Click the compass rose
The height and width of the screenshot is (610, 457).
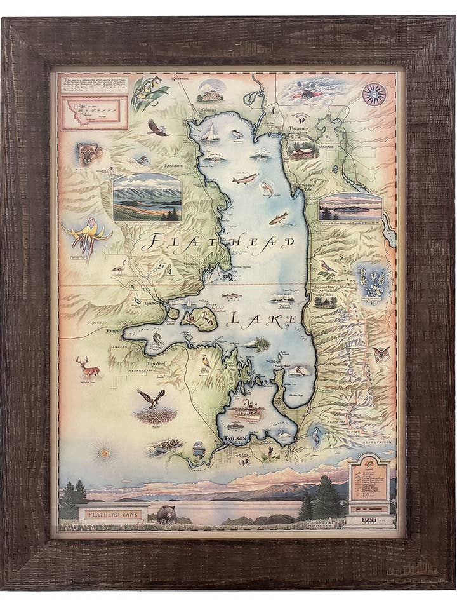[x=374, y=94]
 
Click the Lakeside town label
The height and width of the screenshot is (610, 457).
[x=173, y=166]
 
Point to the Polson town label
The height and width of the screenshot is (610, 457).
[x=234, y=438]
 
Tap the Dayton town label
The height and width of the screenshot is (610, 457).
[x=152, y=303]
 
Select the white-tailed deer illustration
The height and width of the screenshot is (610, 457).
[x=88, y=367]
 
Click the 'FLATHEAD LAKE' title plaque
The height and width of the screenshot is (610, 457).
[x=112, y=511]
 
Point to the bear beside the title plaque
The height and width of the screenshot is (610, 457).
[x=167, y=513]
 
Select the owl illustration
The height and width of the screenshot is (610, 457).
[x=381, y=353]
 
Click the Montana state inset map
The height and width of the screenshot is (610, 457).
[x=94, y=111]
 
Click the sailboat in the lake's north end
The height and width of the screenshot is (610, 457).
[x=209, y=132]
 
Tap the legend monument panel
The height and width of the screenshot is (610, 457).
[x=369, y=484]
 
